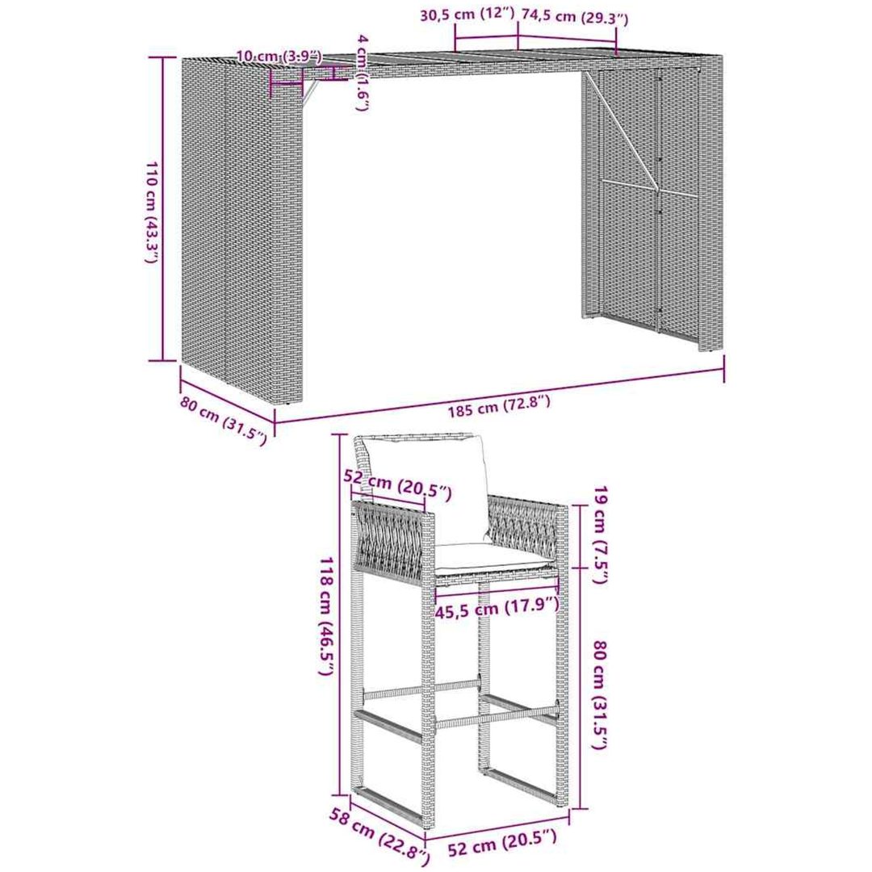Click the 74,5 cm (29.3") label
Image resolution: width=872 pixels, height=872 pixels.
(x=572, y=17)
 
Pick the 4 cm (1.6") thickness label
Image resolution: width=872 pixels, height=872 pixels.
(x=363, y=73)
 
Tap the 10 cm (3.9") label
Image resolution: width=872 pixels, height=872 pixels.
(x=279, y=56)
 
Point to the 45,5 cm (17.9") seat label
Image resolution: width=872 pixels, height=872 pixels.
(x=496, y=606)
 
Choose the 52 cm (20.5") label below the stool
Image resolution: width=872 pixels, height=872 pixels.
(x=501, y=849)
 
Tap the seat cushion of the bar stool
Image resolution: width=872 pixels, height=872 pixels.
(x=489, y=558)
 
